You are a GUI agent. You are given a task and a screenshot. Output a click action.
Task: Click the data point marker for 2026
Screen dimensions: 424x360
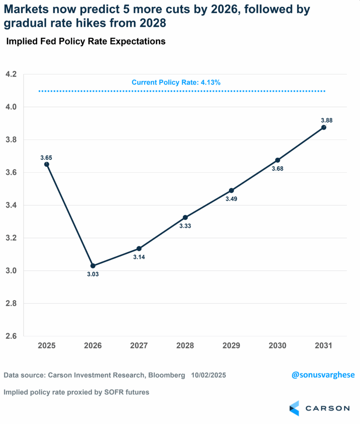tap(93, 266)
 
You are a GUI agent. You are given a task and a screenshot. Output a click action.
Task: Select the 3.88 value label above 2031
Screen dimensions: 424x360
tap(326, 120)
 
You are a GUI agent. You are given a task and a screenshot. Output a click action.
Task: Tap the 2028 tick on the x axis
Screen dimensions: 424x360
tap(185, 346)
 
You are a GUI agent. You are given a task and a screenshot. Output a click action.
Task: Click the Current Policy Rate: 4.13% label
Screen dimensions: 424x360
tap(176, 82)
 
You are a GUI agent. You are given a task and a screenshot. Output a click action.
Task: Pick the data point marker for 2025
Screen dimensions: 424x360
tap(47, 164)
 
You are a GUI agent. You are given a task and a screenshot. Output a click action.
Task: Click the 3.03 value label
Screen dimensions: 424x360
tap(93, 274)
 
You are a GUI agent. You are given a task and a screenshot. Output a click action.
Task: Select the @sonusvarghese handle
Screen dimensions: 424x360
tap(323, 375)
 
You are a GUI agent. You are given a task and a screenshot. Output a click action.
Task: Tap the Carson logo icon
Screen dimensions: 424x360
tap(294, 408)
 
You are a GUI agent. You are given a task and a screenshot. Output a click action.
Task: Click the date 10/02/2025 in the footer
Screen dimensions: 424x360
tap(209, 375)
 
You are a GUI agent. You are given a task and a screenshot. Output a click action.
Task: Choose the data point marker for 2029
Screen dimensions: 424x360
tap(231, 190)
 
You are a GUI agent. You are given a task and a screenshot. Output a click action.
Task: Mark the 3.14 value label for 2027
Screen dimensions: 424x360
tap(139, 257)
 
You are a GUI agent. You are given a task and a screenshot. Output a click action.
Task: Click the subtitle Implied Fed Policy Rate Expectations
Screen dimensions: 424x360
tap(86, 41)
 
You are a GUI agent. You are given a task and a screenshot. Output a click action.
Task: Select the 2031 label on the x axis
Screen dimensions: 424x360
tap(324, 346)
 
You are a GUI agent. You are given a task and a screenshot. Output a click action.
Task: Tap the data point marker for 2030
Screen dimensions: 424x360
tap(278, 160)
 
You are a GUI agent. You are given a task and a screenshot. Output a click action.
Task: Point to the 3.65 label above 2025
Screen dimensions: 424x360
tap(46, 158)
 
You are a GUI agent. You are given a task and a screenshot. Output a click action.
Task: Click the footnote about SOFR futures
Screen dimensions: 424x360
tap(77, 392)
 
